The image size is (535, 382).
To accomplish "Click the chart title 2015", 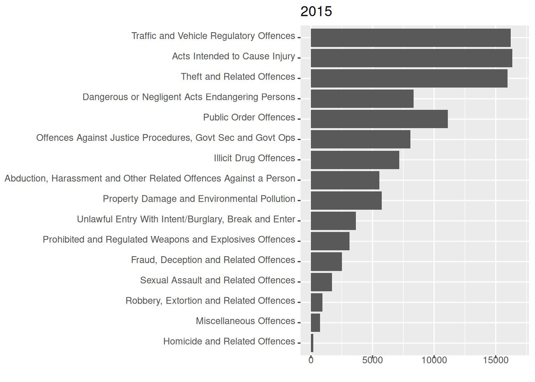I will pos(316,12).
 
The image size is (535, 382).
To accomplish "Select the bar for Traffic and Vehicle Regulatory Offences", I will pos(410,38).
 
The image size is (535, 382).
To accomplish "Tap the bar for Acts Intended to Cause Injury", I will pos(411,58).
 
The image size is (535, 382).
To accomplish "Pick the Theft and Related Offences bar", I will pos(409,78).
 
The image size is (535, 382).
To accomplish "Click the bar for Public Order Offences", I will pos(379,119).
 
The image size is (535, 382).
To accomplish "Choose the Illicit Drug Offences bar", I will pos(355,160).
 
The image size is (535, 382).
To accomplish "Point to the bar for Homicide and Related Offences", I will pos(312,343).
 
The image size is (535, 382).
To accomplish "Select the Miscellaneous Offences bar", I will pos(315,323).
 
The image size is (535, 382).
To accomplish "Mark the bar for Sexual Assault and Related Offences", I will pos(321,282).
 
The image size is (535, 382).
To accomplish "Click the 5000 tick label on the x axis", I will pos(372,361).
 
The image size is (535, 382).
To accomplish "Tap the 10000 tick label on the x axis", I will pos(434,361).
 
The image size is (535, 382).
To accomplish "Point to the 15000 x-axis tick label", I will pos(496,361).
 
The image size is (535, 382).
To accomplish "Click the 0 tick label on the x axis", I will pos(311,361).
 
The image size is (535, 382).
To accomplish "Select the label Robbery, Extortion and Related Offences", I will pos(210,301).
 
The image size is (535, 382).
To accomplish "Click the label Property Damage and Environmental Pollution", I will pos(199,199).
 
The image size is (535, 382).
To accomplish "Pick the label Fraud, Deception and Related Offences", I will pos(213,260).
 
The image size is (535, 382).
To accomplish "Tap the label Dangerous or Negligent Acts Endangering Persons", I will pos(189,97).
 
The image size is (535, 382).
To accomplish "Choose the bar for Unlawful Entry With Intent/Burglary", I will pos(333,221).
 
